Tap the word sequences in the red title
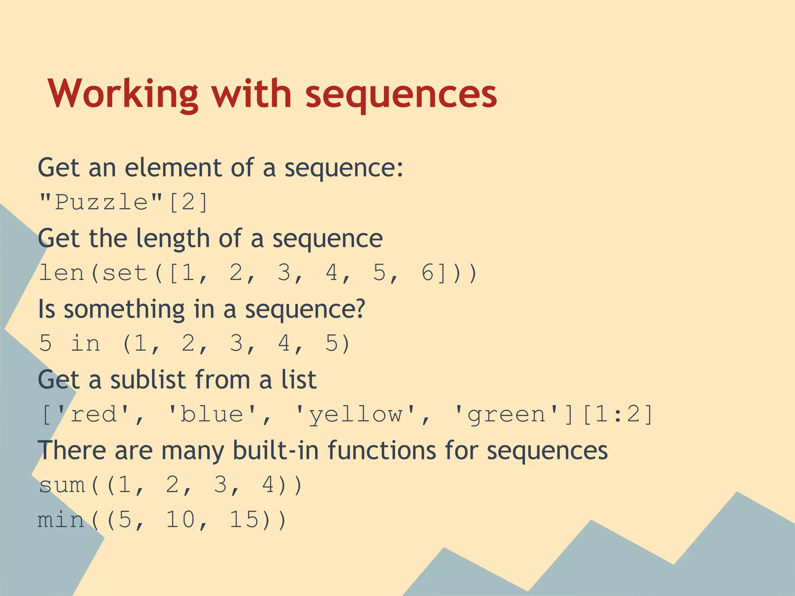tap(401, 94)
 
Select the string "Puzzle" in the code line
tap(101, 202)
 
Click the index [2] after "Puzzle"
tap(189, 202)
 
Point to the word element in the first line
tap(173, 168)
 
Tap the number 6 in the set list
tap(427, 273)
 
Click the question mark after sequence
tap(359, 309)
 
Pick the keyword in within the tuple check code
tap(85, 344)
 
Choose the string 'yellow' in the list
tap(355, 414)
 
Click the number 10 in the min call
tap(181, 520)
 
